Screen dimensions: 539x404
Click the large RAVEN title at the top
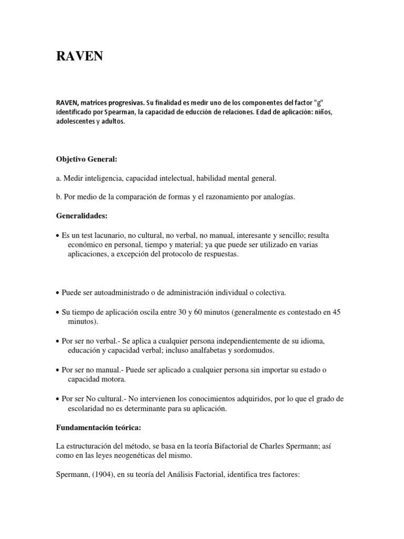(x=79, y=56)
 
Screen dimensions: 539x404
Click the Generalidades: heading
(x=81, y=215)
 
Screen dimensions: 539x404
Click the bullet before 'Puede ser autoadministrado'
(x=57, y=293)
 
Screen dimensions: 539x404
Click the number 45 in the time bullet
(x=336, y=312)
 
